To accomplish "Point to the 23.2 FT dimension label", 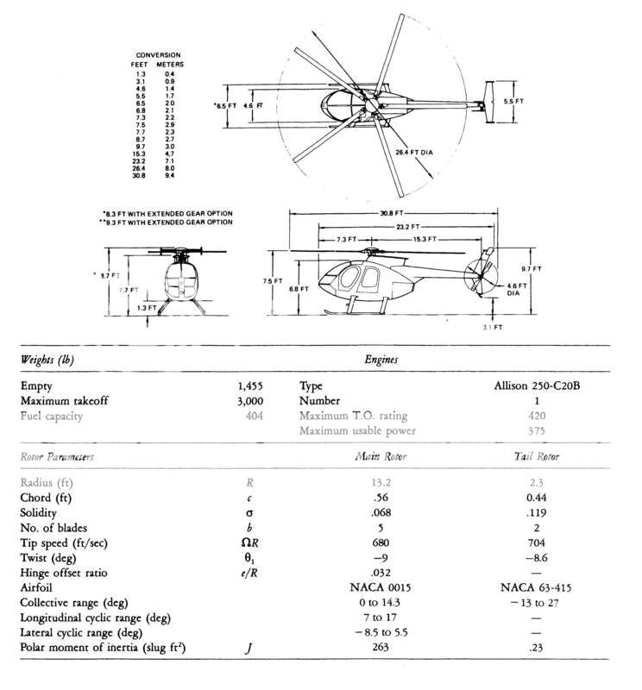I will (394, 226).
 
